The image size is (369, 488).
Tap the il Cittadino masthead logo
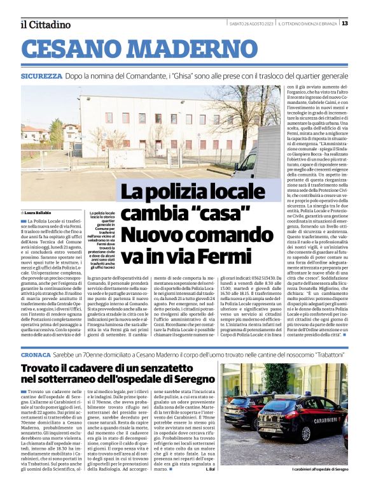(x=45, y=24)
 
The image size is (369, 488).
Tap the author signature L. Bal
(x=211, y=470)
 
